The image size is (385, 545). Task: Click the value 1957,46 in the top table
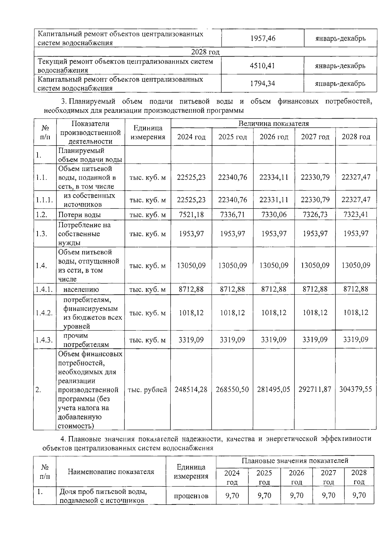262,39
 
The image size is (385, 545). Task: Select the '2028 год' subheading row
205,52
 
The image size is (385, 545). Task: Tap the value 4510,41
262,66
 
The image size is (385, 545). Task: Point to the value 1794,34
262,84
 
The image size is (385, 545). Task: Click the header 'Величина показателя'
273,123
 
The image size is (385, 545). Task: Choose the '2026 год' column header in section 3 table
274,137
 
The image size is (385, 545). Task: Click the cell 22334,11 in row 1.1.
274,177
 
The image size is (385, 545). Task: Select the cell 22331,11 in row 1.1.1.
274,200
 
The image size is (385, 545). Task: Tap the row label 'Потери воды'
79,215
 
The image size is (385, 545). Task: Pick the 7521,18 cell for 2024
191,214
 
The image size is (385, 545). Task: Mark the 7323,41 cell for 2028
355,214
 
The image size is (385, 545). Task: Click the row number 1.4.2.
44,313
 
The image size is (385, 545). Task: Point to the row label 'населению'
81,289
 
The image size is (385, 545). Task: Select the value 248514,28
191,389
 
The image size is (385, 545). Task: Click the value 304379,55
355,389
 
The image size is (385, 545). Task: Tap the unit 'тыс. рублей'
148,390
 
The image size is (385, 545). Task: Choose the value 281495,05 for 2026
274,389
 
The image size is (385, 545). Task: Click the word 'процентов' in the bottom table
191,496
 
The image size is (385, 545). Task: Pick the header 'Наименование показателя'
111,472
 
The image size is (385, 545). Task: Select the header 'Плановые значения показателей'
295,461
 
